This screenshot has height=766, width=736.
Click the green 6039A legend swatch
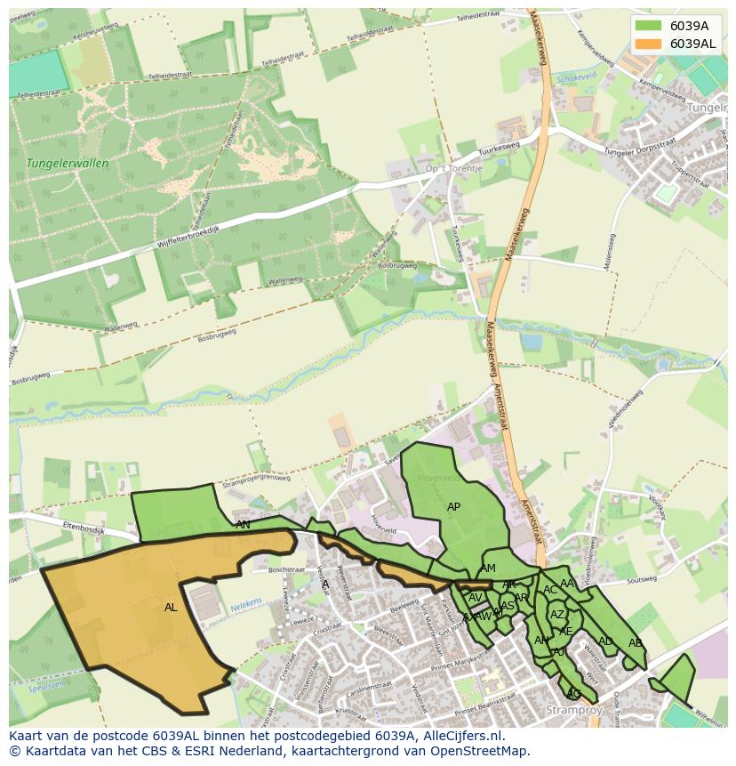tap(648, 26)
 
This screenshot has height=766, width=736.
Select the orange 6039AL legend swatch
tap(648, 44)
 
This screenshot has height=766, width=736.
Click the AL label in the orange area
tap(171, 608)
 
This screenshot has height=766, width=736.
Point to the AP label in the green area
tap(453, 507)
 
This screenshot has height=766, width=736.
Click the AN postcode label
tap(243, 525)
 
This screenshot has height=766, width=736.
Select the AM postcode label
tap(488, 568)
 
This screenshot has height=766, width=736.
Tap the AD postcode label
tap(605, 641)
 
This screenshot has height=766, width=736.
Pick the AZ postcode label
tap(557, 615)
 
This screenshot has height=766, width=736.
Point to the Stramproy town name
tap(574, 711)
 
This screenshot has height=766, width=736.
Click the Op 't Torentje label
tap(453, 168)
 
